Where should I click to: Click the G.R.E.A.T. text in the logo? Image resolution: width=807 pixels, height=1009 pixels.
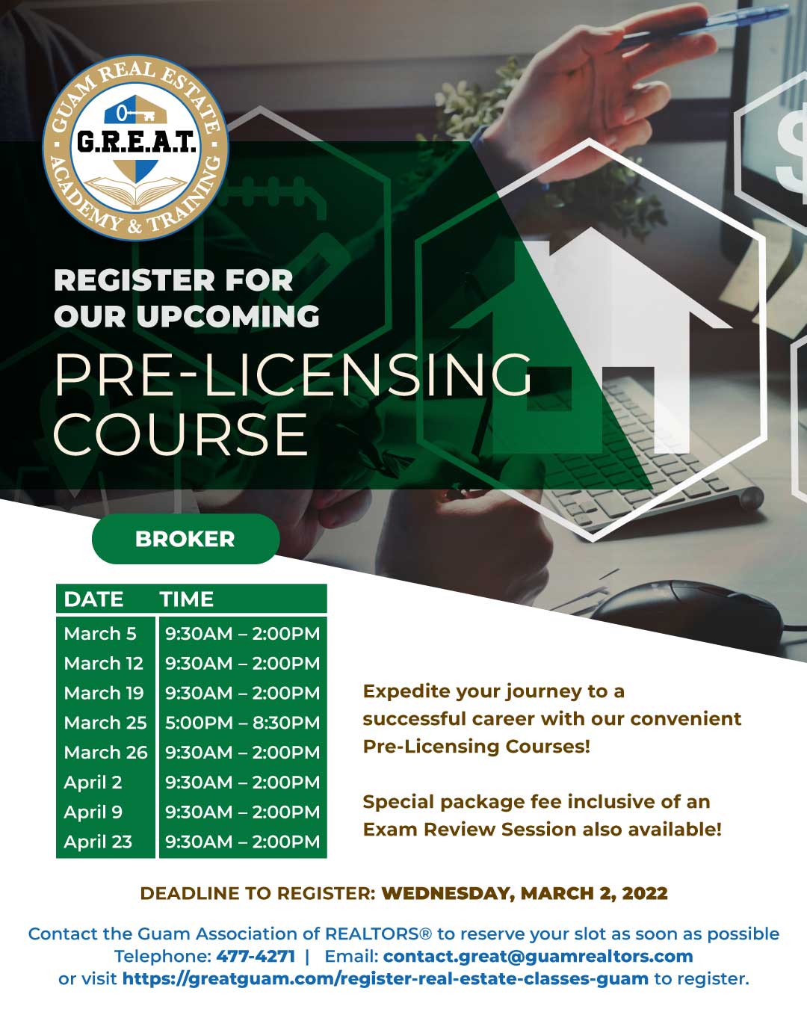(136, 141)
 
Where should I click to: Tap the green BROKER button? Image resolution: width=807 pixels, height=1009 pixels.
(186, 539)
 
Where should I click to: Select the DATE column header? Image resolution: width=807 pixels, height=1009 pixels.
(94, 599)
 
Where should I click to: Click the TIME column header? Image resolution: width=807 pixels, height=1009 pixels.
(187, 599)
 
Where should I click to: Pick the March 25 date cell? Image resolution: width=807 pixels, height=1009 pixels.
(105, 723)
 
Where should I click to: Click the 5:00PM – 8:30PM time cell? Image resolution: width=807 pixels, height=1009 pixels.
(242, 723)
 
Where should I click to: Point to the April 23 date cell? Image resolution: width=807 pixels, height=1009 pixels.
(98, 842)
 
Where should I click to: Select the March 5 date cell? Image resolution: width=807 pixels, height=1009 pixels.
(100, 634)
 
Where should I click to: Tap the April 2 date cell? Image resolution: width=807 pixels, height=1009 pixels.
(93, 782)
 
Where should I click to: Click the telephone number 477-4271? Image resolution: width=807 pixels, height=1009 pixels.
(256, 956)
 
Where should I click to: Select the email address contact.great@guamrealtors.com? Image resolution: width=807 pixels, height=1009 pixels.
(538, 956)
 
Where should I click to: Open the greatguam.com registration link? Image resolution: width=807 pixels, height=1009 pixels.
(386, 978)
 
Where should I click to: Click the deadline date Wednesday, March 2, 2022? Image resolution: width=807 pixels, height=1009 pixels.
(525, 893)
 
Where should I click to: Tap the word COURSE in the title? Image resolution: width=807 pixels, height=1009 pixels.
(181, 434)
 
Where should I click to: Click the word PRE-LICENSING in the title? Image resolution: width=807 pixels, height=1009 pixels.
(293, 374)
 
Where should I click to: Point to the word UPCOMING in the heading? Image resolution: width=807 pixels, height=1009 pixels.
(228, 315)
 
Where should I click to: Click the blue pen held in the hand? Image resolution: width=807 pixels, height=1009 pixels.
(703, 26)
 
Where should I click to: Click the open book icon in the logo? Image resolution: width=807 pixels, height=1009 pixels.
(136, 192)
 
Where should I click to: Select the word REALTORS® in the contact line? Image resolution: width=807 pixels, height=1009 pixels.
(378, 934)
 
